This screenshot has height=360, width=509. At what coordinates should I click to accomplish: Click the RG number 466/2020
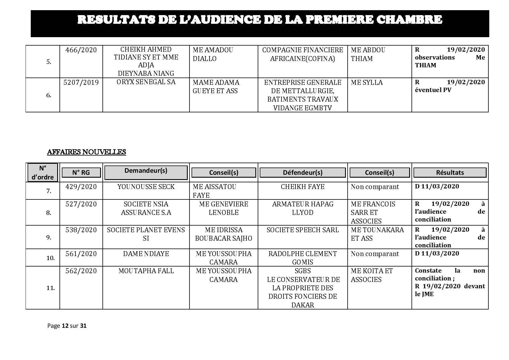(x=81, y=50)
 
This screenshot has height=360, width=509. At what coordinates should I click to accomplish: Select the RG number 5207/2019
(x=81, y=82)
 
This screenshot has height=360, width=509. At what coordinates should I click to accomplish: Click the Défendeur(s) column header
(x=302, y=172)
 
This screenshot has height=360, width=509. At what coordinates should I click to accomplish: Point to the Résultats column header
(x=450, y=172)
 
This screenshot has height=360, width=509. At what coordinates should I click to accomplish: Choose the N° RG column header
(x=81, y=172)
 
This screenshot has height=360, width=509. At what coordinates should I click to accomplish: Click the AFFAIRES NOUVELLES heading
(x=86, y=152)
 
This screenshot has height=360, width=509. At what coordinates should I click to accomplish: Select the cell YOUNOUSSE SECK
(x=146, y=187)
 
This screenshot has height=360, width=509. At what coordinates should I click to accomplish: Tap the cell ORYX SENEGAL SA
(x=146, y=82)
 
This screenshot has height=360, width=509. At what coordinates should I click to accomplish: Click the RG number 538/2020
(x=81, y=230)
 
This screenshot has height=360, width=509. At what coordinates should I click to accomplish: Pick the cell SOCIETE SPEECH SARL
(x=302, y=230)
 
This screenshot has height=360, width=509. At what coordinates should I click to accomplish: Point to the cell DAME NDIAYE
(x=146, y=254)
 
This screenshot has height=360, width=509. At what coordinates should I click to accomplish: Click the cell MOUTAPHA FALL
(x=146, y=271)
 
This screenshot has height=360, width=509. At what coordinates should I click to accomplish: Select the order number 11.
(x=50, y=288)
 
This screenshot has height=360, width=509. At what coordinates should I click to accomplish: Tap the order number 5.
(x=49, y=62)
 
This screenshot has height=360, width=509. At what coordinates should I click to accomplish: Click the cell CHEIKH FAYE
(x=302, y=187)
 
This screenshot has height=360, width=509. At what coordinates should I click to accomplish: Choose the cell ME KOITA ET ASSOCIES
(x=371, y=275)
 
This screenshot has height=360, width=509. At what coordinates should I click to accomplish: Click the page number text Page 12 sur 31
(x=67, y=326)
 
